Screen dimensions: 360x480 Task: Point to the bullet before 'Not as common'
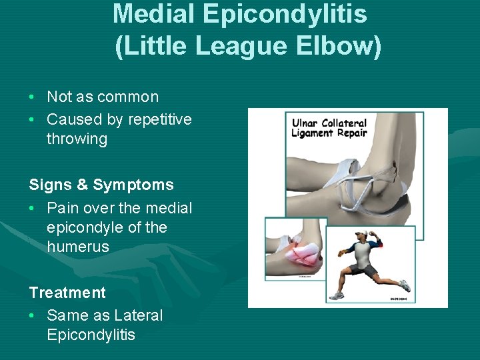coord(32,97)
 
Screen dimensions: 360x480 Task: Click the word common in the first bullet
coord(128,97)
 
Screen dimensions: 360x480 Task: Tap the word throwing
coord(77,139)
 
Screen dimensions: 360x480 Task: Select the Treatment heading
coord(67,293)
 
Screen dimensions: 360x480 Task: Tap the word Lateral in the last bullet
coord(138,315)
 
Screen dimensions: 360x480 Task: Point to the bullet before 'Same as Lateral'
coord(32,316)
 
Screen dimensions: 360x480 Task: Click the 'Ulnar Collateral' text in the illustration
coord(329,123)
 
